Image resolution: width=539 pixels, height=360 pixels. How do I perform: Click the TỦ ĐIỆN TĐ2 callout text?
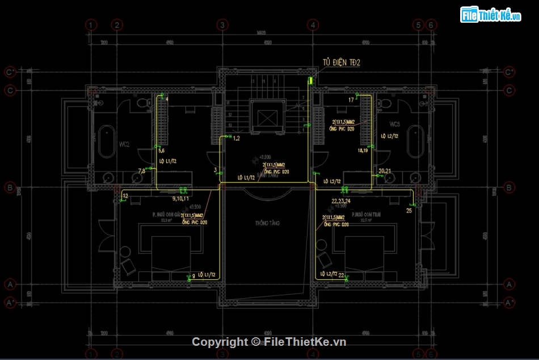(x=342, y=62)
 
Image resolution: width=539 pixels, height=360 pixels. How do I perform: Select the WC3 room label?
(x=395, y=124)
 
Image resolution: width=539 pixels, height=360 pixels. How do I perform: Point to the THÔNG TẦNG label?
(x=268, y=223)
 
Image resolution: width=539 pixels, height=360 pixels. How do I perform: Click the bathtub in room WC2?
(x=106, y=143)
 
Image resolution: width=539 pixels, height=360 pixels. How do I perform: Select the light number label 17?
(x=351, y=100)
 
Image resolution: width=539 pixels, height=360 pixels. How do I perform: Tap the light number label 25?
(x=409, y=211)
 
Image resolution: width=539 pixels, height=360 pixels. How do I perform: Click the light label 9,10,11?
(x=180, y=199)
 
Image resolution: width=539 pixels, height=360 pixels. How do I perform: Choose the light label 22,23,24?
(x=342, y=200)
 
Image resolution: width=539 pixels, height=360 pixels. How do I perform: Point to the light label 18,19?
(x=363, y=151)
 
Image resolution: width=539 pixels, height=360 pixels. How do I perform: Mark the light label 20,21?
(x=385, y=171)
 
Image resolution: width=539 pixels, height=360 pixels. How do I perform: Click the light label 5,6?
(x=161, y=151)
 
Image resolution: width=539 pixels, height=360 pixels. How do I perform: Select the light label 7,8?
(x=142, y=170)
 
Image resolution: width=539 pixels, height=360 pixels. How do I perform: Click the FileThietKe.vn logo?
(x=491, y=15)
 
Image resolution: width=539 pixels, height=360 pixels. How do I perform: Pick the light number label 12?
(x=125, y=196)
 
